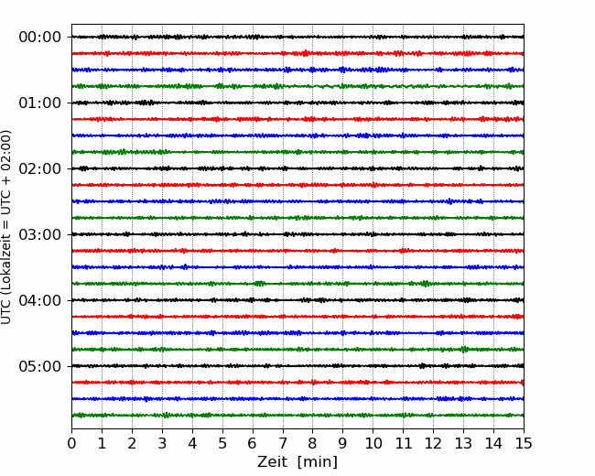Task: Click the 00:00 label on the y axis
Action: point(39,38)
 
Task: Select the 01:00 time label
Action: point(39,103)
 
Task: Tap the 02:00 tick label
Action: point(39,168)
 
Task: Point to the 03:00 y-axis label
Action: point(39,234)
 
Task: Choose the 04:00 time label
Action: point(39,300)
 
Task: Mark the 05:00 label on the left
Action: point(39,366)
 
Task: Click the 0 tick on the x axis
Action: point(71,443)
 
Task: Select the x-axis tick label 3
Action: point(162,443)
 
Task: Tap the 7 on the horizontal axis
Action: point(283,443)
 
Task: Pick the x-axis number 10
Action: point(373,443)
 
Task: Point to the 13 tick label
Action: point(464,443)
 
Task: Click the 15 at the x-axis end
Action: point(524,443)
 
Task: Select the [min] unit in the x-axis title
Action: point(318,462)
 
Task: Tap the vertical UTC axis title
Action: point(5,227)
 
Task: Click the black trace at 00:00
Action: point(297,37)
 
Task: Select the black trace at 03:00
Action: point(297,234)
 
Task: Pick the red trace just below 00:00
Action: point(297,53)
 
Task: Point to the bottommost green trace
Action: point(297,416)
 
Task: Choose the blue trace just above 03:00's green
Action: point(297,267)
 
